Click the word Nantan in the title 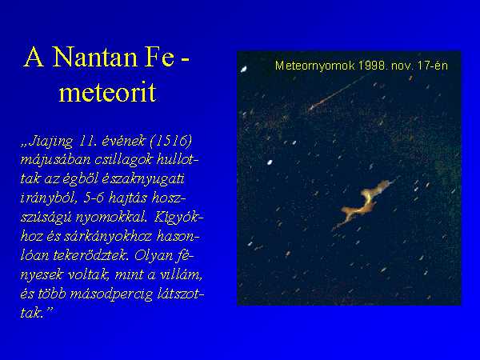point(94,57)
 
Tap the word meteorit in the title point(107,92)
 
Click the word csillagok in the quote point(123,160)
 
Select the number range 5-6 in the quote point(94,198)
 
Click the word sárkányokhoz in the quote point(108,237)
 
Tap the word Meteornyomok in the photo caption point(315,66)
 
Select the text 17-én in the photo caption point(436,66)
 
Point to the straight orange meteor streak point(337,92)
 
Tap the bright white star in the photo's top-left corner point(244,70)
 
